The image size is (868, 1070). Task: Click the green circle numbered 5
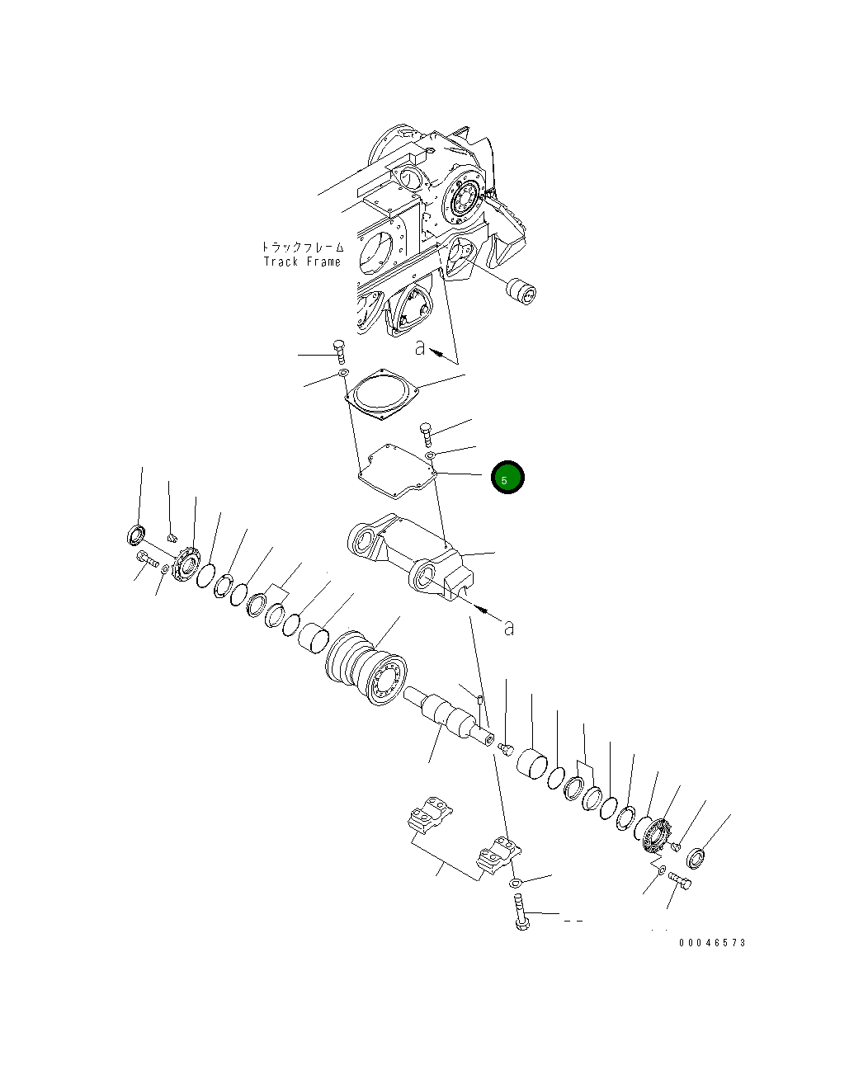(x=507, y=477)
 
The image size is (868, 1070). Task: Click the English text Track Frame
(x=302, y=262)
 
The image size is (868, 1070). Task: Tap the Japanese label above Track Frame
(x=303, y=247)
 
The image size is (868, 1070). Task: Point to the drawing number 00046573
(x=712, y=942)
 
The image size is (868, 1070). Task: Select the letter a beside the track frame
(x=420, y=347)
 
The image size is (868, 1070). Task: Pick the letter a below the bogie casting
(x=509, y=628)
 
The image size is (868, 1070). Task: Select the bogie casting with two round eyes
(x=410, y=555)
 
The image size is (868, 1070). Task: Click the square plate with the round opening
(x=382, y=394)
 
